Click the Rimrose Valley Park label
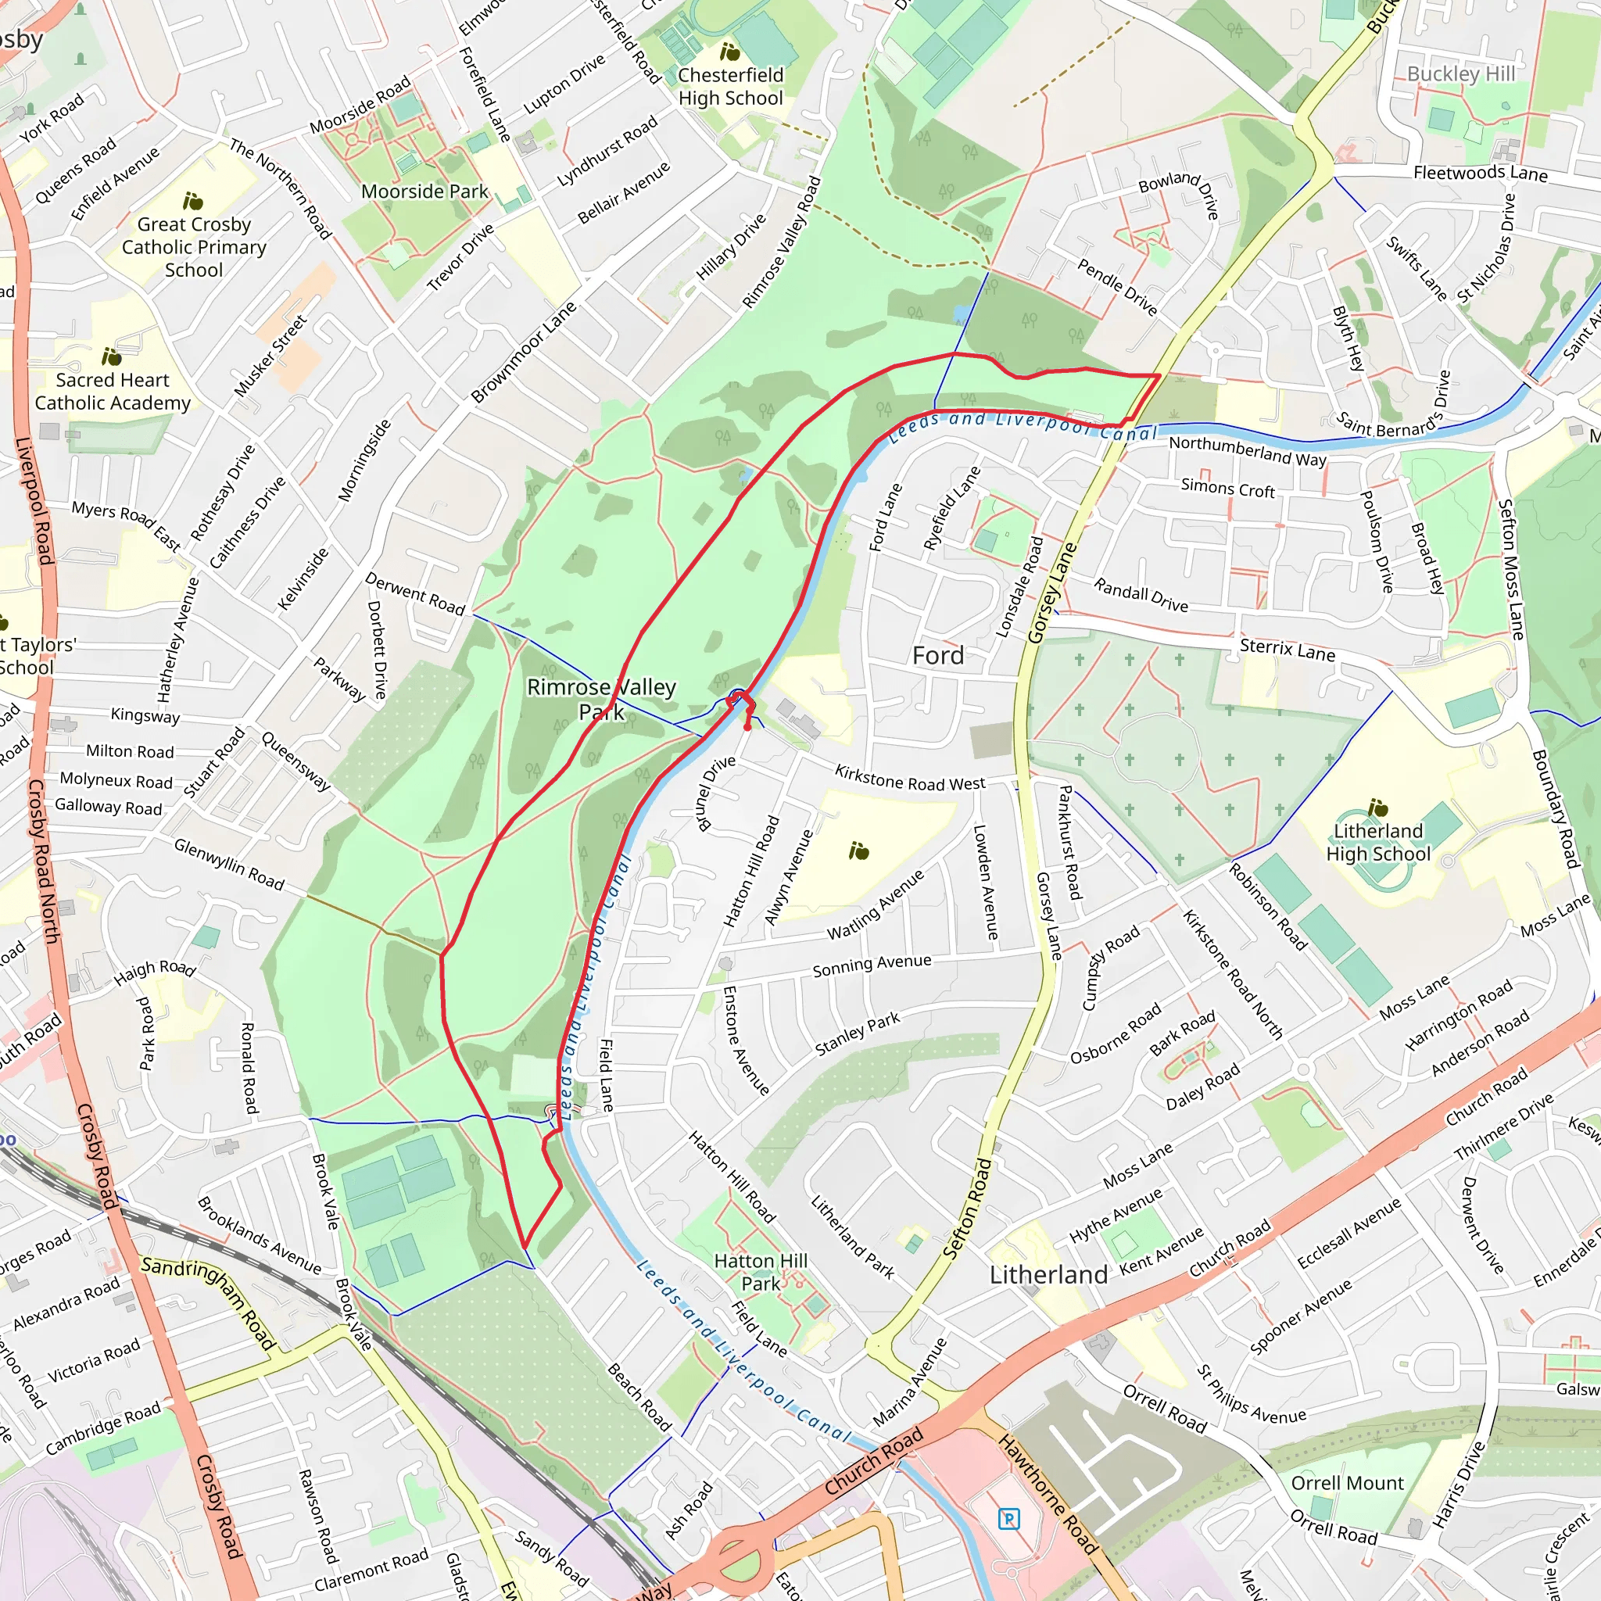[602, 700]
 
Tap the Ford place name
[938, 655]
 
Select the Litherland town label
[1048, 1274]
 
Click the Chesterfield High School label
[730, 86]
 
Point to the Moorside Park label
[425, 192]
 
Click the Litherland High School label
[1378, 842]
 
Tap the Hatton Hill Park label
[761, 1272]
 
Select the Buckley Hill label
[1461, 73]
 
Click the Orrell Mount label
[1348, 1482]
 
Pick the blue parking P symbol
[1008, 1519]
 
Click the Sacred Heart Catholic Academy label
[113, 391]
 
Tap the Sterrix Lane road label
[1287, 650]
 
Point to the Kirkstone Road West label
[910, 777]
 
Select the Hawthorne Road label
[1048, 1494]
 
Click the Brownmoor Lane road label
[523, 353]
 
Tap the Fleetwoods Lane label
[1480, 174]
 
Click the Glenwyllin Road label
[229, 865]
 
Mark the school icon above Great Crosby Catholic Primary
[193, 202]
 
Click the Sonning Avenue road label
[872, 965]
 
